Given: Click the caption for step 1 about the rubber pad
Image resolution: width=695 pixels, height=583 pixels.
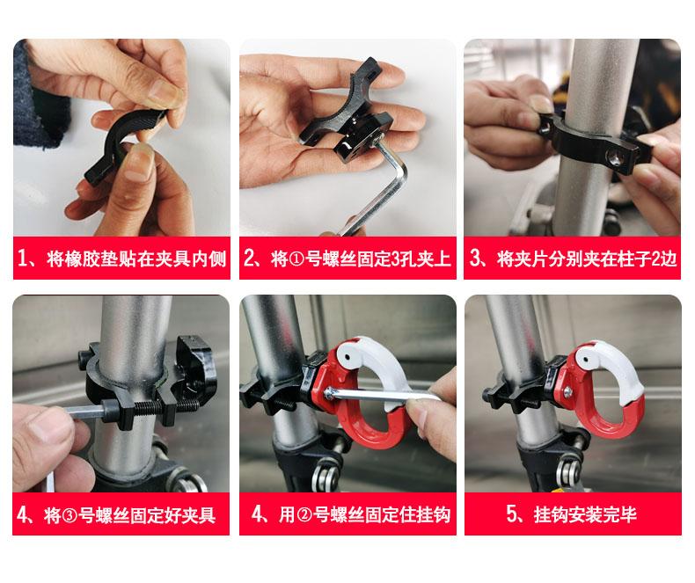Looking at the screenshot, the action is point(121,259).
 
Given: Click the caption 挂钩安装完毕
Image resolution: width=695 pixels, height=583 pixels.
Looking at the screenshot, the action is point(572,514).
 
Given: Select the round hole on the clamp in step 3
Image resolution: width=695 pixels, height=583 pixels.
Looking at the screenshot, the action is point(614,155).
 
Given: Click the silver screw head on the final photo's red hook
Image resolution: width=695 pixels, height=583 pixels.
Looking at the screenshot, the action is point(567,391).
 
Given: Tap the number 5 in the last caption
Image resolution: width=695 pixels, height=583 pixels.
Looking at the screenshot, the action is point(512,514).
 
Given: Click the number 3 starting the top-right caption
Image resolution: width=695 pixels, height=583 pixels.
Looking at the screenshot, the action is point(475,259).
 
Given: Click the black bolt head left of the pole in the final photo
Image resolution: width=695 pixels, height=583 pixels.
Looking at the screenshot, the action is point(488,393).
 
